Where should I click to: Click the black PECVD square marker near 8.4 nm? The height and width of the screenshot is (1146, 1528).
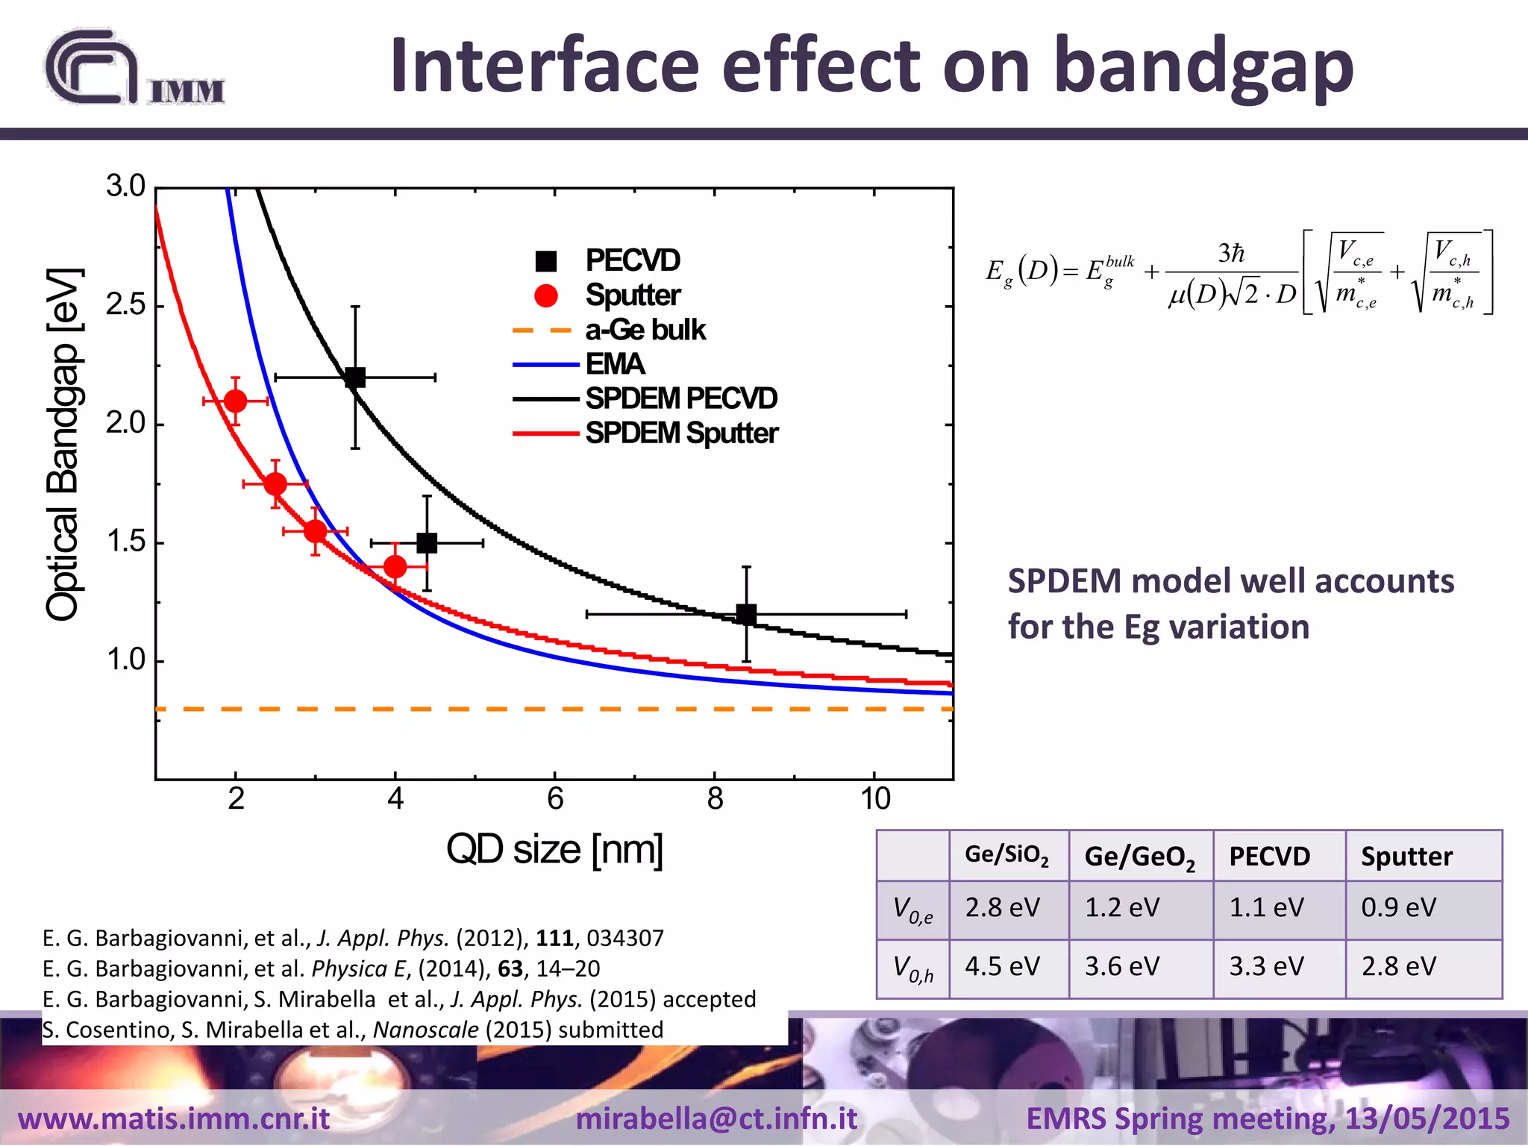tap(746, 614)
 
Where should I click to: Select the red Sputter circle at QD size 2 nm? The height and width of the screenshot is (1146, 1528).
tap(235, 401)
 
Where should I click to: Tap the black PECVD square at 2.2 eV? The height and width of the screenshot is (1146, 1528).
tap(355, 378)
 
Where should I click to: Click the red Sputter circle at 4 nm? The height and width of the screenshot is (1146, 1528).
tap(395, 567)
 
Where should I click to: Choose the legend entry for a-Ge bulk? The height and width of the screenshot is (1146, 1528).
tap(645, 330)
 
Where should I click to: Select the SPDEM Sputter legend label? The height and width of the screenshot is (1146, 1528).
tap(681, 433)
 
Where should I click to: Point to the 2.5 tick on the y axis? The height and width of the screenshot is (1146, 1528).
tap(125, 305)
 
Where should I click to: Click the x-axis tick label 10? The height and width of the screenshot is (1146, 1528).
tap(875, 799)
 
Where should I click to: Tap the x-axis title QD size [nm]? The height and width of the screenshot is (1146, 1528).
tap(554, 849)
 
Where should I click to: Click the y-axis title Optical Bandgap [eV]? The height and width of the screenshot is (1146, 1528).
tap(63, 445)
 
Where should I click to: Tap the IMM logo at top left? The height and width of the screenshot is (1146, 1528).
tap(134, 69)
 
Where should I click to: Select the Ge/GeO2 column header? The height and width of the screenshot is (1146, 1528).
tap(1139, 857)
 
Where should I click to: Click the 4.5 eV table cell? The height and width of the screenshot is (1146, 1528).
tap(1002, 966)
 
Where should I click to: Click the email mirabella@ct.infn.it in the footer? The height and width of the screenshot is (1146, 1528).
tap(716, 1118)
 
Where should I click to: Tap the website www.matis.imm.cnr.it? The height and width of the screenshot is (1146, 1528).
tap(174, 1118)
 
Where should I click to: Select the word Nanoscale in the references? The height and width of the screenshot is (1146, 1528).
tap(425, 1030)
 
